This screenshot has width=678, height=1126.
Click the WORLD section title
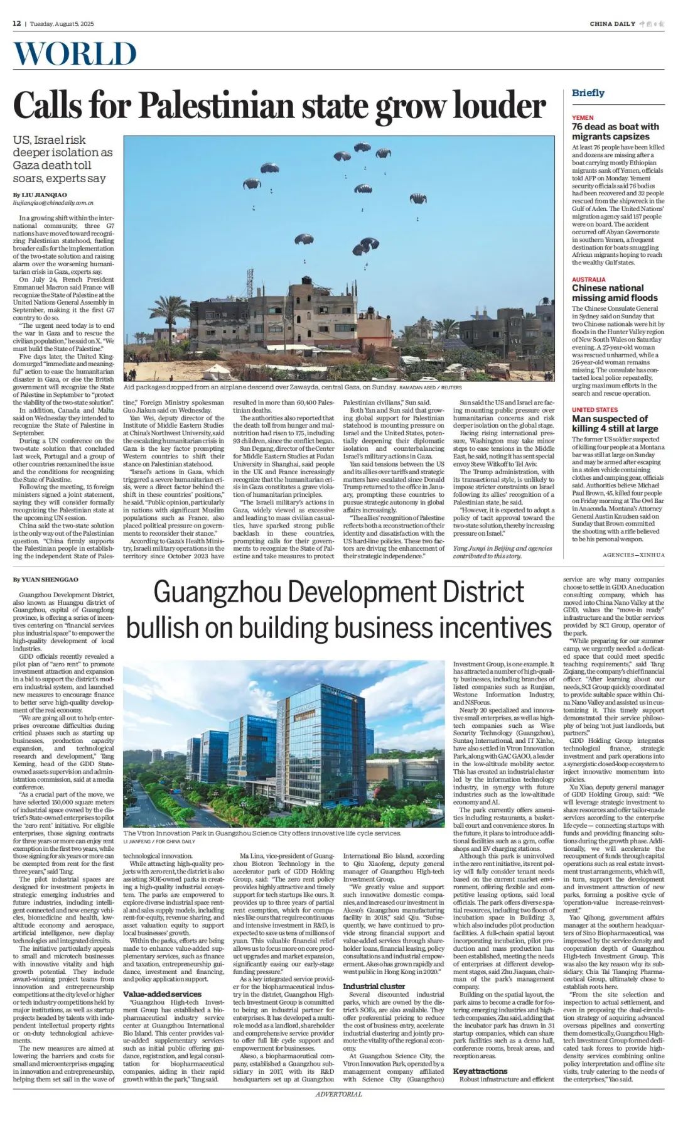75,54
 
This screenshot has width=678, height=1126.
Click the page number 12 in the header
17,24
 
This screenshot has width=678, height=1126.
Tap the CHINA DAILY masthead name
612,24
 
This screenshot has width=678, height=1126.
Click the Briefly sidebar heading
588,93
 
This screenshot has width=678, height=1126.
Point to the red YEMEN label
583,117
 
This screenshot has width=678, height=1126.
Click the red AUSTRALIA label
588,279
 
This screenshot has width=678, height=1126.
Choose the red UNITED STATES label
595,409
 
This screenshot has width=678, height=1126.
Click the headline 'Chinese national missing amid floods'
614,293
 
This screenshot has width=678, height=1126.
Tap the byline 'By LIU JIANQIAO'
40,195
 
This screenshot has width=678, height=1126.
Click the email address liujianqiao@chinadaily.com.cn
53,203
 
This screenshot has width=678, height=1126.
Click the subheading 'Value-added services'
162,994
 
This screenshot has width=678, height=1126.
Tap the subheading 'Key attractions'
480,1071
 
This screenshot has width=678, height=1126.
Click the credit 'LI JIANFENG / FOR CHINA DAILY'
159,841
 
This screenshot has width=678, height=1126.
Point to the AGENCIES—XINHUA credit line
633,555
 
